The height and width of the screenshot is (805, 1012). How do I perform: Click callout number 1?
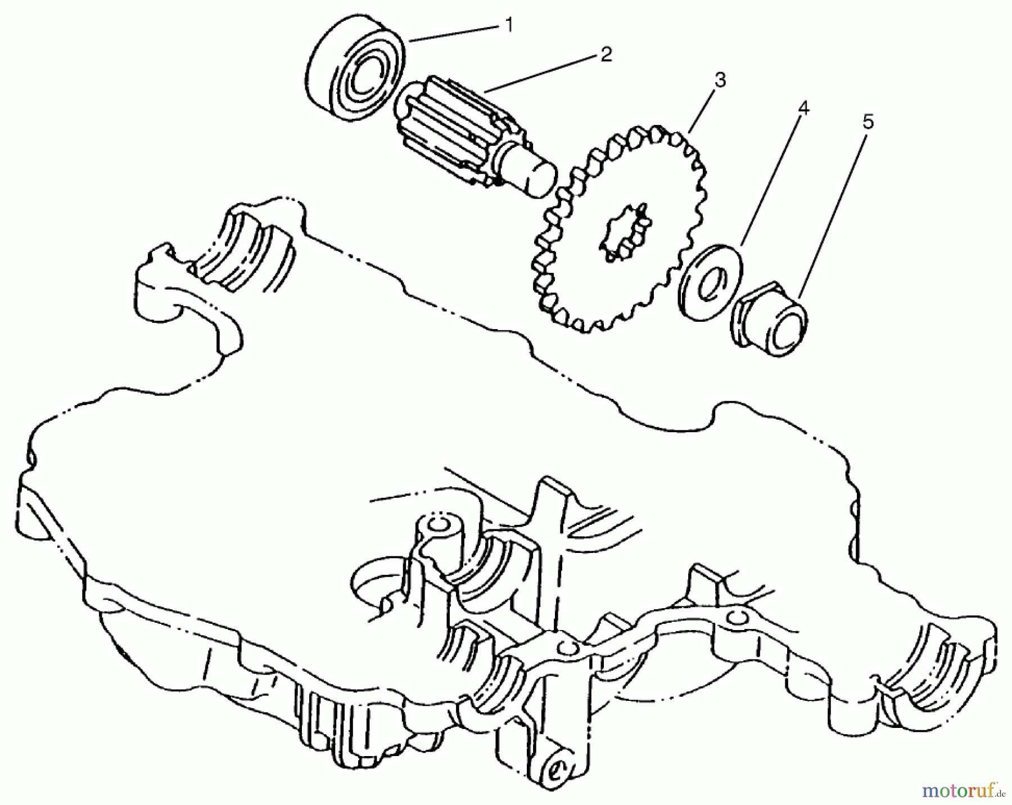[508, 26]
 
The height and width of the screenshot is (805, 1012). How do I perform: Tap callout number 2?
[605, 55]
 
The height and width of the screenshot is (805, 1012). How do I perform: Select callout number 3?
[720, 80]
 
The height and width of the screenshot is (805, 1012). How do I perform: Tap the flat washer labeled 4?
[711, 282]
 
